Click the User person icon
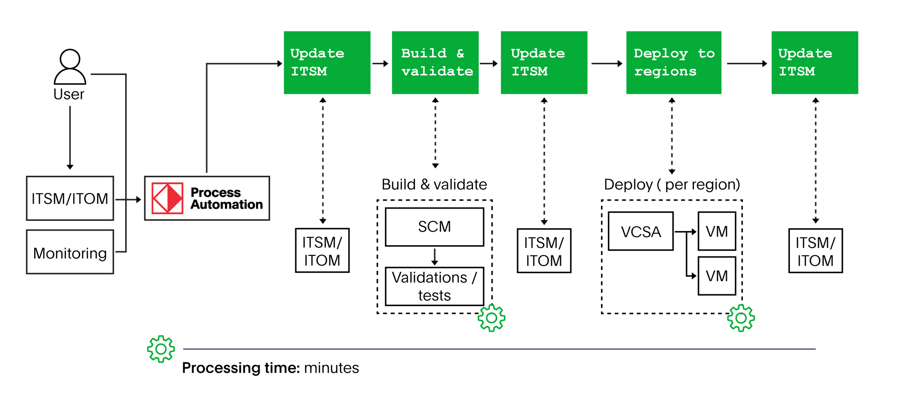tap(70, 67)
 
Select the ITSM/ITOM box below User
tap(70, 198)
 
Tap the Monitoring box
tap(70, 252)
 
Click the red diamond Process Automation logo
tap(167, 198)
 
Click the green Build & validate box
tap(435, 62)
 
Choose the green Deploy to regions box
tap(674, 62)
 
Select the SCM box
tap(435, 227)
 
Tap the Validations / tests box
tap(435, 286)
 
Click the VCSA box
tap(641, 231)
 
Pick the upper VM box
tap(717, 231)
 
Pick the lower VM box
tap(717, 276)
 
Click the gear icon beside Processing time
tap(161, 349)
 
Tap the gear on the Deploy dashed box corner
tap(741, 318)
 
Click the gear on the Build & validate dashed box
tap(491, 318)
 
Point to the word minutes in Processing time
tap(331, 368)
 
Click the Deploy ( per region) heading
tap(672, 185)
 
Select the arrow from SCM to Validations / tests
tap(435, 257)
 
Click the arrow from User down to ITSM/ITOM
tap(70, 137)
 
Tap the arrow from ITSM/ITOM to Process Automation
tap(128, 199)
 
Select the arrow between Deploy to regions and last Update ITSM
tap(746, 63)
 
